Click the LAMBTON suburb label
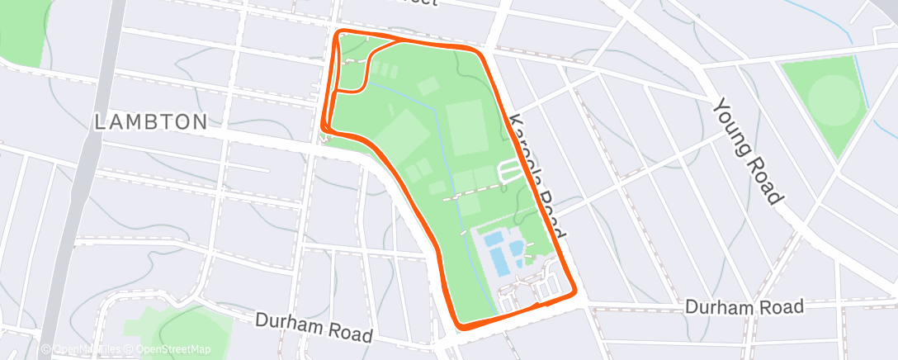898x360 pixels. [x=151, y=122]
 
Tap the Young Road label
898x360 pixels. [x=747, y=150]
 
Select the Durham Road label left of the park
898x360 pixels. [x=314, y=327]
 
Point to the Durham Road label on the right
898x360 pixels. [x=744, y=308]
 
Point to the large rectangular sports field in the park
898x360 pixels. [x=467, y=127]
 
